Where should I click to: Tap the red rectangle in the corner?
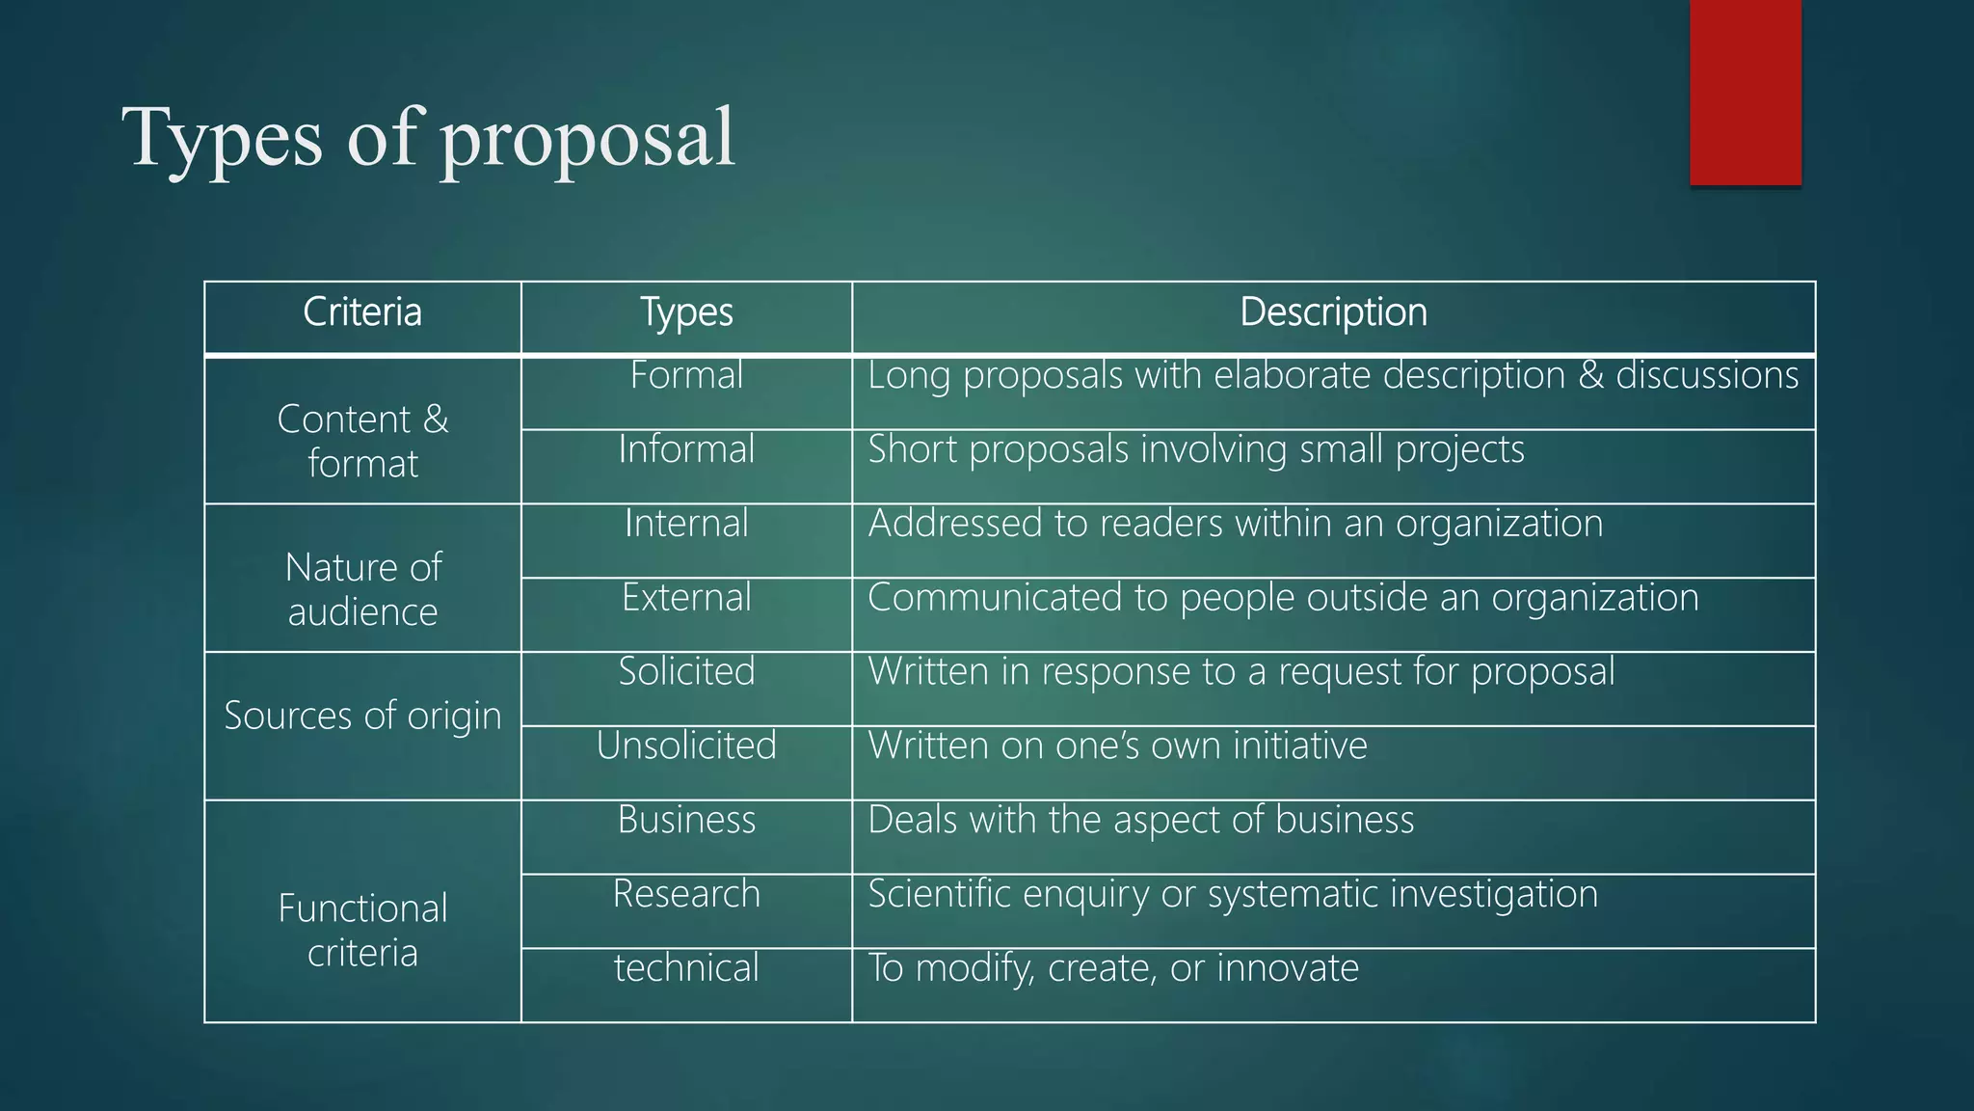(1745, 92)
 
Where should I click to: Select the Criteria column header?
(362, 312)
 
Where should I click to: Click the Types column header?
(686, 312)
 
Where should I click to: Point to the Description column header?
(1333, 312)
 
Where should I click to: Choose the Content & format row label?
(362, 441)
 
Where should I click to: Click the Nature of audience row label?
(362, 589)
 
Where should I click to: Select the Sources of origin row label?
(362, 716)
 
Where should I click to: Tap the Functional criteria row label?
(362, 930)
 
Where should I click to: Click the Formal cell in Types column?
(686, 375)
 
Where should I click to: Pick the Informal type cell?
(686, 449)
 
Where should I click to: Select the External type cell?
(686, 598)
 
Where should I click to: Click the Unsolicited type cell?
(686, 745)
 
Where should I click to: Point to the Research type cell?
(686, 894)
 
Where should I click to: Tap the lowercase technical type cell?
(686, 968)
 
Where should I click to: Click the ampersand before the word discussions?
(1590, 376)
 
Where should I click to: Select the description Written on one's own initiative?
(1117, 745)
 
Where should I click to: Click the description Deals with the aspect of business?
(1140, 820)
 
